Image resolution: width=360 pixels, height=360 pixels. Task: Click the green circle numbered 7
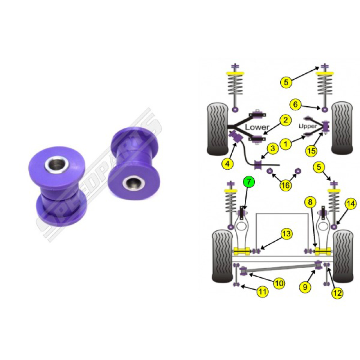(x=249, y=182)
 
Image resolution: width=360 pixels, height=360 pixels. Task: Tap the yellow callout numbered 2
(x=285, y=120)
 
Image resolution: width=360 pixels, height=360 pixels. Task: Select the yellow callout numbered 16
(x=285, y=185)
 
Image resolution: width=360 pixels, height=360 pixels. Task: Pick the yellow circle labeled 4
(x=228, y=164)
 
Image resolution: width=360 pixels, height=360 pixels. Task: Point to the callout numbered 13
(x=287, y=234)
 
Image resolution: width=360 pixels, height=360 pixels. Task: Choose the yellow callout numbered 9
(x=305, y=287)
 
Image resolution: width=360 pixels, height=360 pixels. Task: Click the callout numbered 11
(x=262, y=292)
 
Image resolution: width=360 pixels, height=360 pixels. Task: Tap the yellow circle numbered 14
(x=351, y=204)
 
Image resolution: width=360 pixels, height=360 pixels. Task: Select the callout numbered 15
(x=311, y=151)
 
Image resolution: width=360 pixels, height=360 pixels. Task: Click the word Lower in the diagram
(x=257, y=127)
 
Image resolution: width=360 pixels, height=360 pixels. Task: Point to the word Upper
(x=308, y=126)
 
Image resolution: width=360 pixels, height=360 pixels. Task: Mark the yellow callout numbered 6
(x=295, y=104)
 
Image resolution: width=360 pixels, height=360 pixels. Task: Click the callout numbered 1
(x=286, y=144)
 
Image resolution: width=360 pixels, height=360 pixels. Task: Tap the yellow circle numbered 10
(x=279, y=283)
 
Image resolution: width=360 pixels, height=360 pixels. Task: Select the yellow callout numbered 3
(x=273, y=148)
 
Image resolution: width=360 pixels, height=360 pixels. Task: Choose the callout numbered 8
(x=310, y=202)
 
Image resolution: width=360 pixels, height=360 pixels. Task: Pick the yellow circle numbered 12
(x=337, y=293)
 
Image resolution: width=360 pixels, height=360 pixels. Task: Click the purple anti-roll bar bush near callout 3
(x=258, y=164)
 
